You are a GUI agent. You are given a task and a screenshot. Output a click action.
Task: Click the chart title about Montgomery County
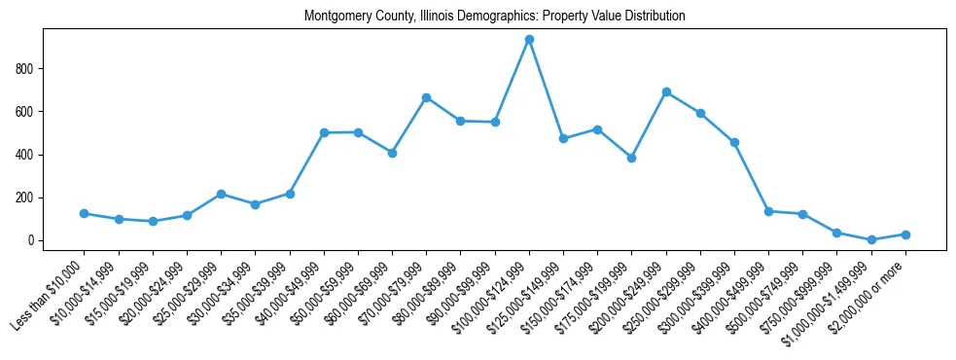point(494,17)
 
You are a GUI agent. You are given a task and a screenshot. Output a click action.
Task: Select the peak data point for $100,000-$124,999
point(529,40)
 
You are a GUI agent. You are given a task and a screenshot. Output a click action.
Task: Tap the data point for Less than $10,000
point(85,213)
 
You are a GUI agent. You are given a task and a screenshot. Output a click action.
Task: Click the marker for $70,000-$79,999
point(426,97)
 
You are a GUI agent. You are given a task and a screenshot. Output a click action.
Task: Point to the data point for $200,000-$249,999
point(666,91)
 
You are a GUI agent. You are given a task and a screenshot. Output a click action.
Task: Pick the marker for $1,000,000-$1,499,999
point(871,239)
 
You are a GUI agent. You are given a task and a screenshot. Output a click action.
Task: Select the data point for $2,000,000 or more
point(905,234)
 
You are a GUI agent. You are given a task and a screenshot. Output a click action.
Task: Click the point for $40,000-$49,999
point(324,132)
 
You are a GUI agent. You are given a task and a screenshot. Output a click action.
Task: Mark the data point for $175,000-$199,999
point(631,158)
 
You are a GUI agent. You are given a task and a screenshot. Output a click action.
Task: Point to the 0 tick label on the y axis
point(33,240)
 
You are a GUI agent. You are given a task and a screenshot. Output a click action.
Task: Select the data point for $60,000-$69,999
point(392,153)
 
